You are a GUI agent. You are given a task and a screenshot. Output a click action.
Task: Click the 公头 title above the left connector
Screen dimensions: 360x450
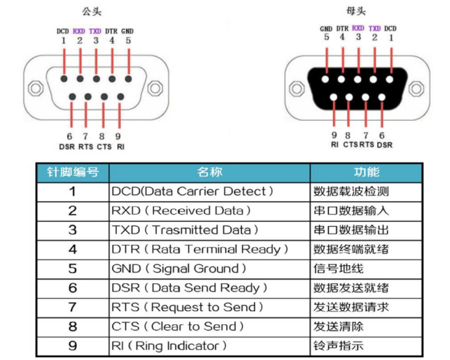coord(92,12)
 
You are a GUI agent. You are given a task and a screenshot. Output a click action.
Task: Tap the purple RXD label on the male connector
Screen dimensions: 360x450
coord(79,31)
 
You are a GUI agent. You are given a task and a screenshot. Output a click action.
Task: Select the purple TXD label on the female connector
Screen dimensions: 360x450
coord(375,29)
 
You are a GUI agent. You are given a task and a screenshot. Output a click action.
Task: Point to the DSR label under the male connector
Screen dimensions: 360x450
coord(68,146)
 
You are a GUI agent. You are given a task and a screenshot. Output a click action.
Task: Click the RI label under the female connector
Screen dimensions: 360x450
coord(334,144)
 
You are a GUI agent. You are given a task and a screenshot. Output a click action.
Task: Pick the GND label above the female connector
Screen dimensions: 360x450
coord(326,29)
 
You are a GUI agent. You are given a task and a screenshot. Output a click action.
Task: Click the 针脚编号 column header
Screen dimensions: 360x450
coord(72,172)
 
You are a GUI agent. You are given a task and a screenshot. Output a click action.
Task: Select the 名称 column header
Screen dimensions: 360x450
coord(209,172)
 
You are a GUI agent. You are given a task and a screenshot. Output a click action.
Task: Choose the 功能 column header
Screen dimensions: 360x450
coord(366,172)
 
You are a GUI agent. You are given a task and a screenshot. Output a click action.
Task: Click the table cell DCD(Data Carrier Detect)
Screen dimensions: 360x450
coord(192,192)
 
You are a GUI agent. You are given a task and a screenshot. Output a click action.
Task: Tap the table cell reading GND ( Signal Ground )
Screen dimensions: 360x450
coord(179,268)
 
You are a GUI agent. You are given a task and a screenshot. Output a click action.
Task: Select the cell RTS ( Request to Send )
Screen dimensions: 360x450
coord(188,307)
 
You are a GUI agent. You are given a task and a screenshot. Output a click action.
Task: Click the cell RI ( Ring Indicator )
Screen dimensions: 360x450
coord(170,346)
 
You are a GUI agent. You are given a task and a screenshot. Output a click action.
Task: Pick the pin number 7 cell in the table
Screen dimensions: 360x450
coord(72,307)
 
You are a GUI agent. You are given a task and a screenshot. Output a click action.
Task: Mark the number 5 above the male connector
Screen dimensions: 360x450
coord(128,40)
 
